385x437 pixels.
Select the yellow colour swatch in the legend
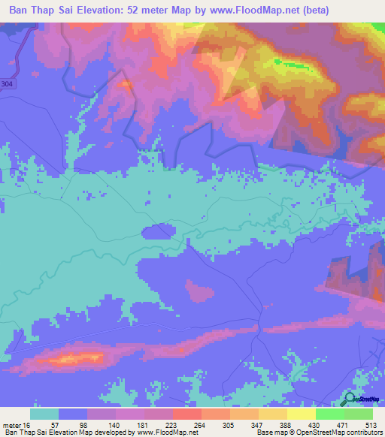pos(301,414)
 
